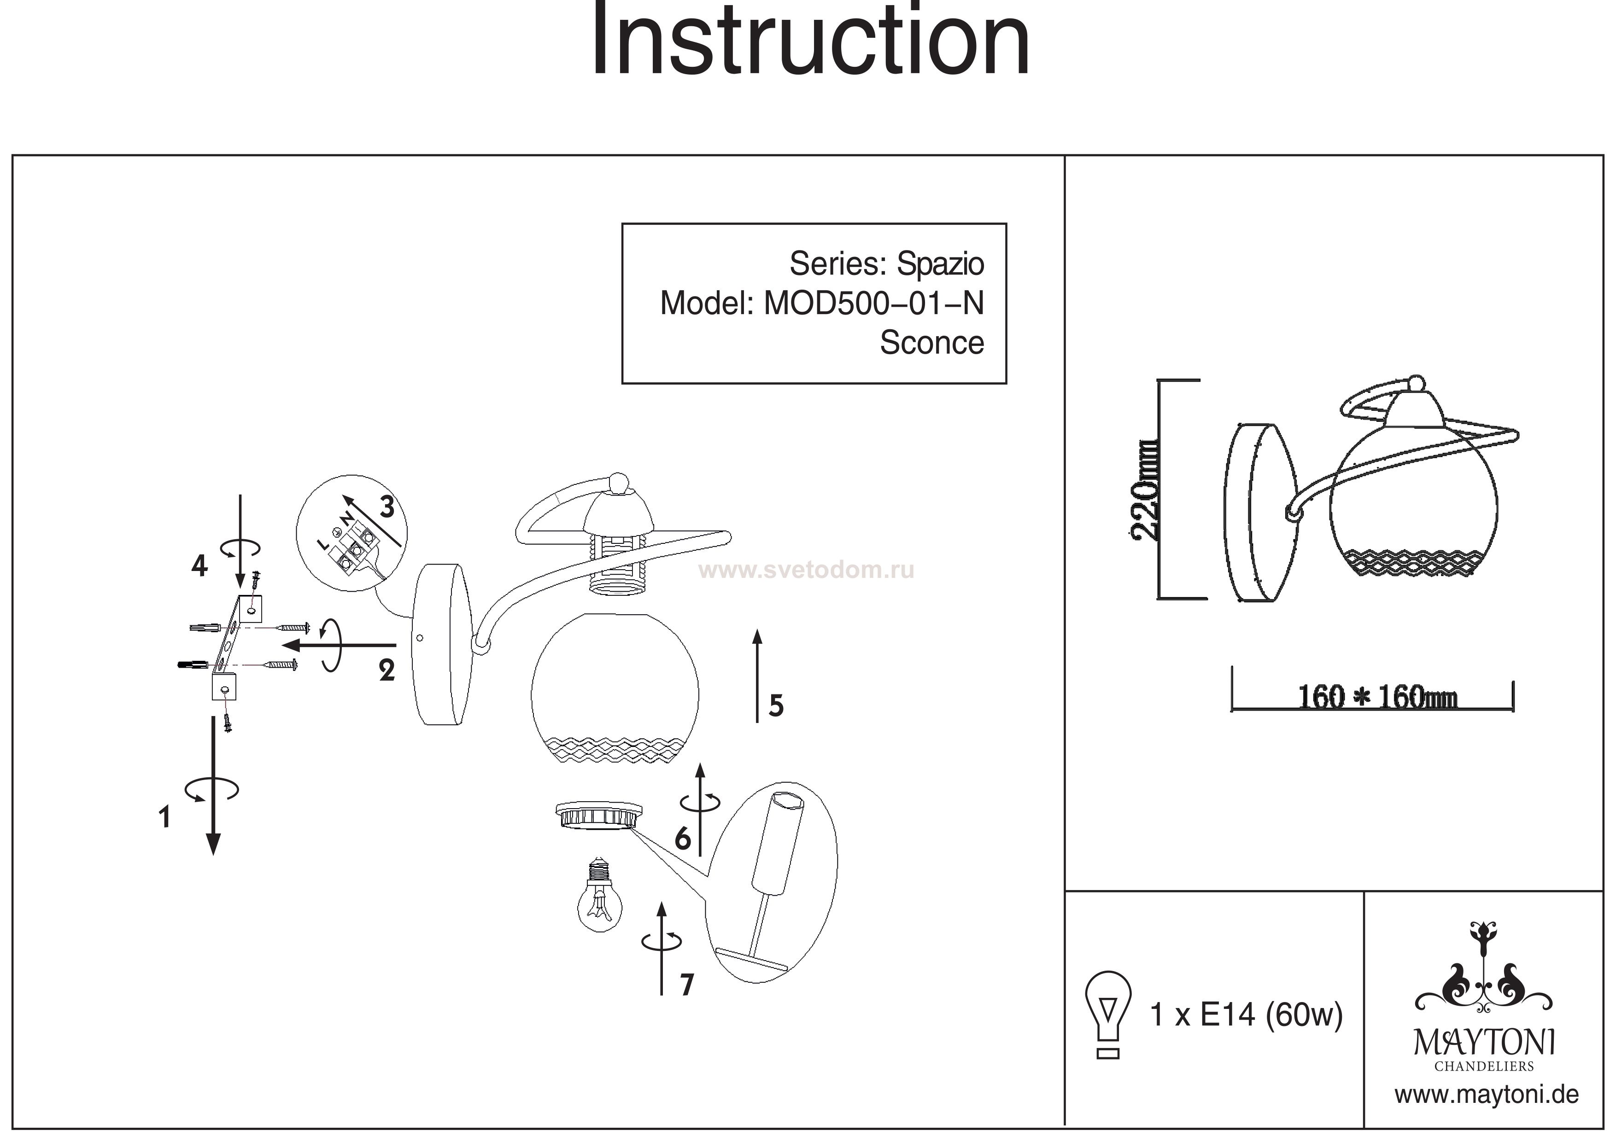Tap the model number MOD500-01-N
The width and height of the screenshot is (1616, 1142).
tap(873, 304)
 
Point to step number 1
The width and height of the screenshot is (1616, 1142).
tap(165, 818)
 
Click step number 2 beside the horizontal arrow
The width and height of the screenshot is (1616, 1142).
tap(386, 670)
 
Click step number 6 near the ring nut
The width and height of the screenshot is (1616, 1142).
tap(682, 839)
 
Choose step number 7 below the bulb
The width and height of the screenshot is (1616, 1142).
tap(687, 985)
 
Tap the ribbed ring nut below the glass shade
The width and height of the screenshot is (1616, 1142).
tap(598, 816)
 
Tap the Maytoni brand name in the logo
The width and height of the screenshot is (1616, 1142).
tap(1484, 1043)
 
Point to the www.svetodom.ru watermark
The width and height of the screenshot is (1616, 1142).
tap(808, 570)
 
